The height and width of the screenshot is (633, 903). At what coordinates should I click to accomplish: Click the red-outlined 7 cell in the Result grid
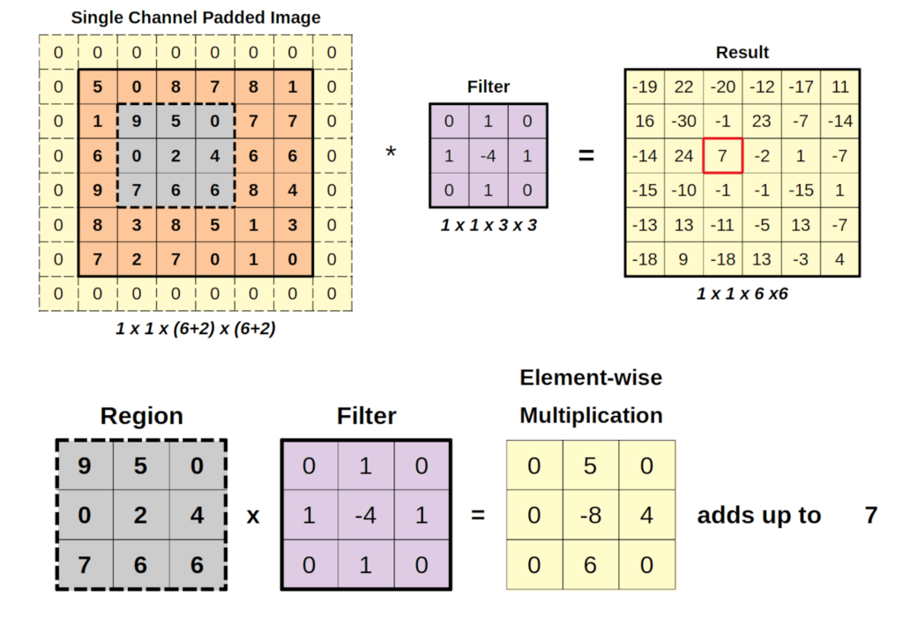(x=723, y=156)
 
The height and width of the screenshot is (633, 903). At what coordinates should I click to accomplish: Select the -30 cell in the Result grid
(x=684, y=122)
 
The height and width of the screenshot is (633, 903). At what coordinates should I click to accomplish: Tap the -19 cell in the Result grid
(x=645, y=87)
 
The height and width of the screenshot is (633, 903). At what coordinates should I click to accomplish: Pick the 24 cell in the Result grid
(x=684, y=156)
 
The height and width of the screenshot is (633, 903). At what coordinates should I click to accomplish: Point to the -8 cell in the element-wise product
(x=591, y=514)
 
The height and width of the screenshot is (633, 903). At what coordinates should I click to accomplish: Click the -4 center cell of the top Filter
(x=488, y=156)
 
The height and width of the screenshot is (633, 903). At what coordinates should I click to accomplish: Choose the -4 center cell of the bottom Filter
(x=365, y=514)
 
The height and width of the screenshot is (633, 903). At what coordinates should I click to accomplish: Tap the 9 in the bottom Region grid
(x=85, y=465)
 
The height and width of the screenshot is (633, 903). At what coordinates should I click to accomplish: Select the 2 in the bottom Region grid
(x=141, y=514)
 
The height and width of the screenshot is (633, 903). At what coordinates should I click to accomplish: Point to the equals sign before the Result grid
(x=586, y=156)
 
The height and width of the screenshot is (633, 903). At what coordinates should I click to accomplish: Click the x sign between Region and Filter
(x=253, y=515)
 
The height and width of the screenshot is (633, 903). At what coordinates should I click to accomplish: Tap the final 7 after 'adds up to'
(x=870, y=515)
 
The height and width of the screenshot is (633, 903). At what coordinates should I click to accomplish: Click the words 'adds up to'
(x=758, y=515)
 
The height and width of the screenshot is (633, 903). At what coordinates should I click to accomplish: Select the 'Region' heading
(x=141, y=416)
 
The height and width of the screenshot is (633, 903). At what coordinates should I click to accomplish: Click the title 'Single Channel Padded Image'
(x=196, y=17)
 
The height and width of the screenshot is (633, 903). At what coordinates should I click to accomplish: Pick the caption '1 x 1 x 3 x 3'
(x=488, y=225)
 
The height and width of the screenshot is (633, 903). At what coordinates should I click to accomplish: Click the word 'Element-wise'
(x=590, y=378)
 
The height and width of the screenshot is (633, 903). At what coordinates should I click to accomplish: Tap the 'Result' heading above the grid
(x=742, y=53)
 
